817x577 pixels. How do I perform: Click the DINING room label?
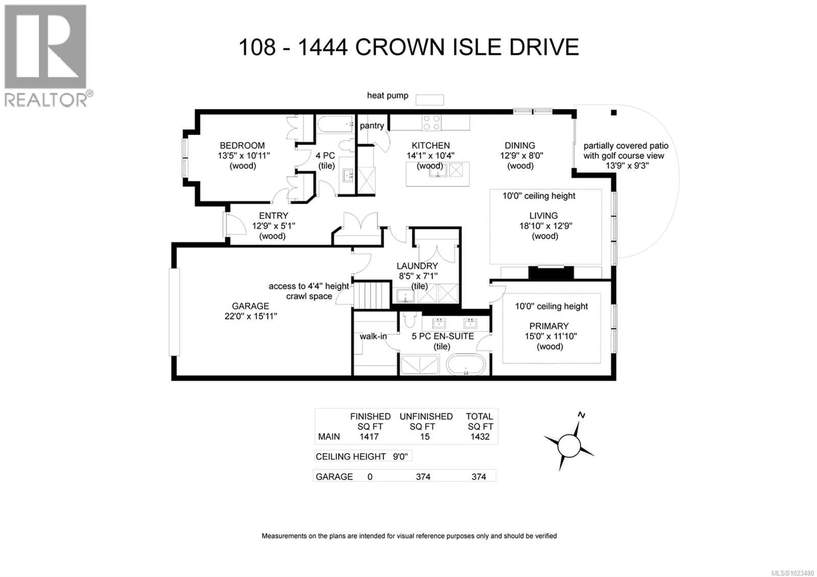coord(520,146)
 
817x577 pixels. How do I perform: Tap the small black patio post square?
coord(614,113)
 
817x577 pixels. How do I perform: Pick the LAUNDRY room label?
coord(417,266)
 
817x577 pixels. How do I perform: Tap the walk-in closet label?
coord(373,336)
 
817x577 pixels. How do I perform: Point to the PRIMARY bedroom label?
coord(549,326)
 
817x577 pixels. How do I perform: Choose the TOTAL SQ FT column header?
coord(480,421)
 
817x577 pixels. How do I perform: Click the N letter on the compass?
coord(581,415)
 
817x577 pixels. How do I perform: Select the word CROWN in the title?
coord(400,47)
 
